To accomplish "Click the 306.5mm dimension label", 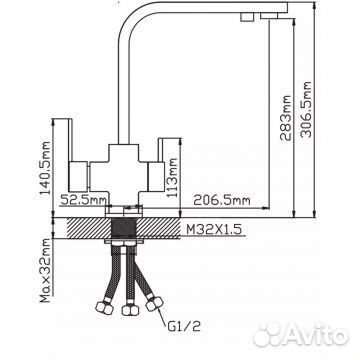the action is tap(306, 109).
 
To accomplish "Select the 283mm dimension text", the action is tap(286, 118).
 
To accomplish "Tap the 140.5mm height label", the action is tap(45, 168).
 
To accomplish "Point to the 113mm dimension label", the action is tap(172, 177).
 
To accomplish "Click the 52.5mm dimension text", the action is tap(83, 200).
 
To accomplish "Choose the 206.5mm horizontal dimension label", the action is tap(222, 200).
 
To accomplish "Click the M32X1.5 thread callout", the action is tap(213, 229).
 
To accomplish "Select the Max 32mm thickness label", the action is tap(45, 271).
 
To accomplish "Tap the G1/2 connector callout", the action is tap(183, 325).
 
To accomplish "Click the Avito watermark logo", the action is tap(301, 334).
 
